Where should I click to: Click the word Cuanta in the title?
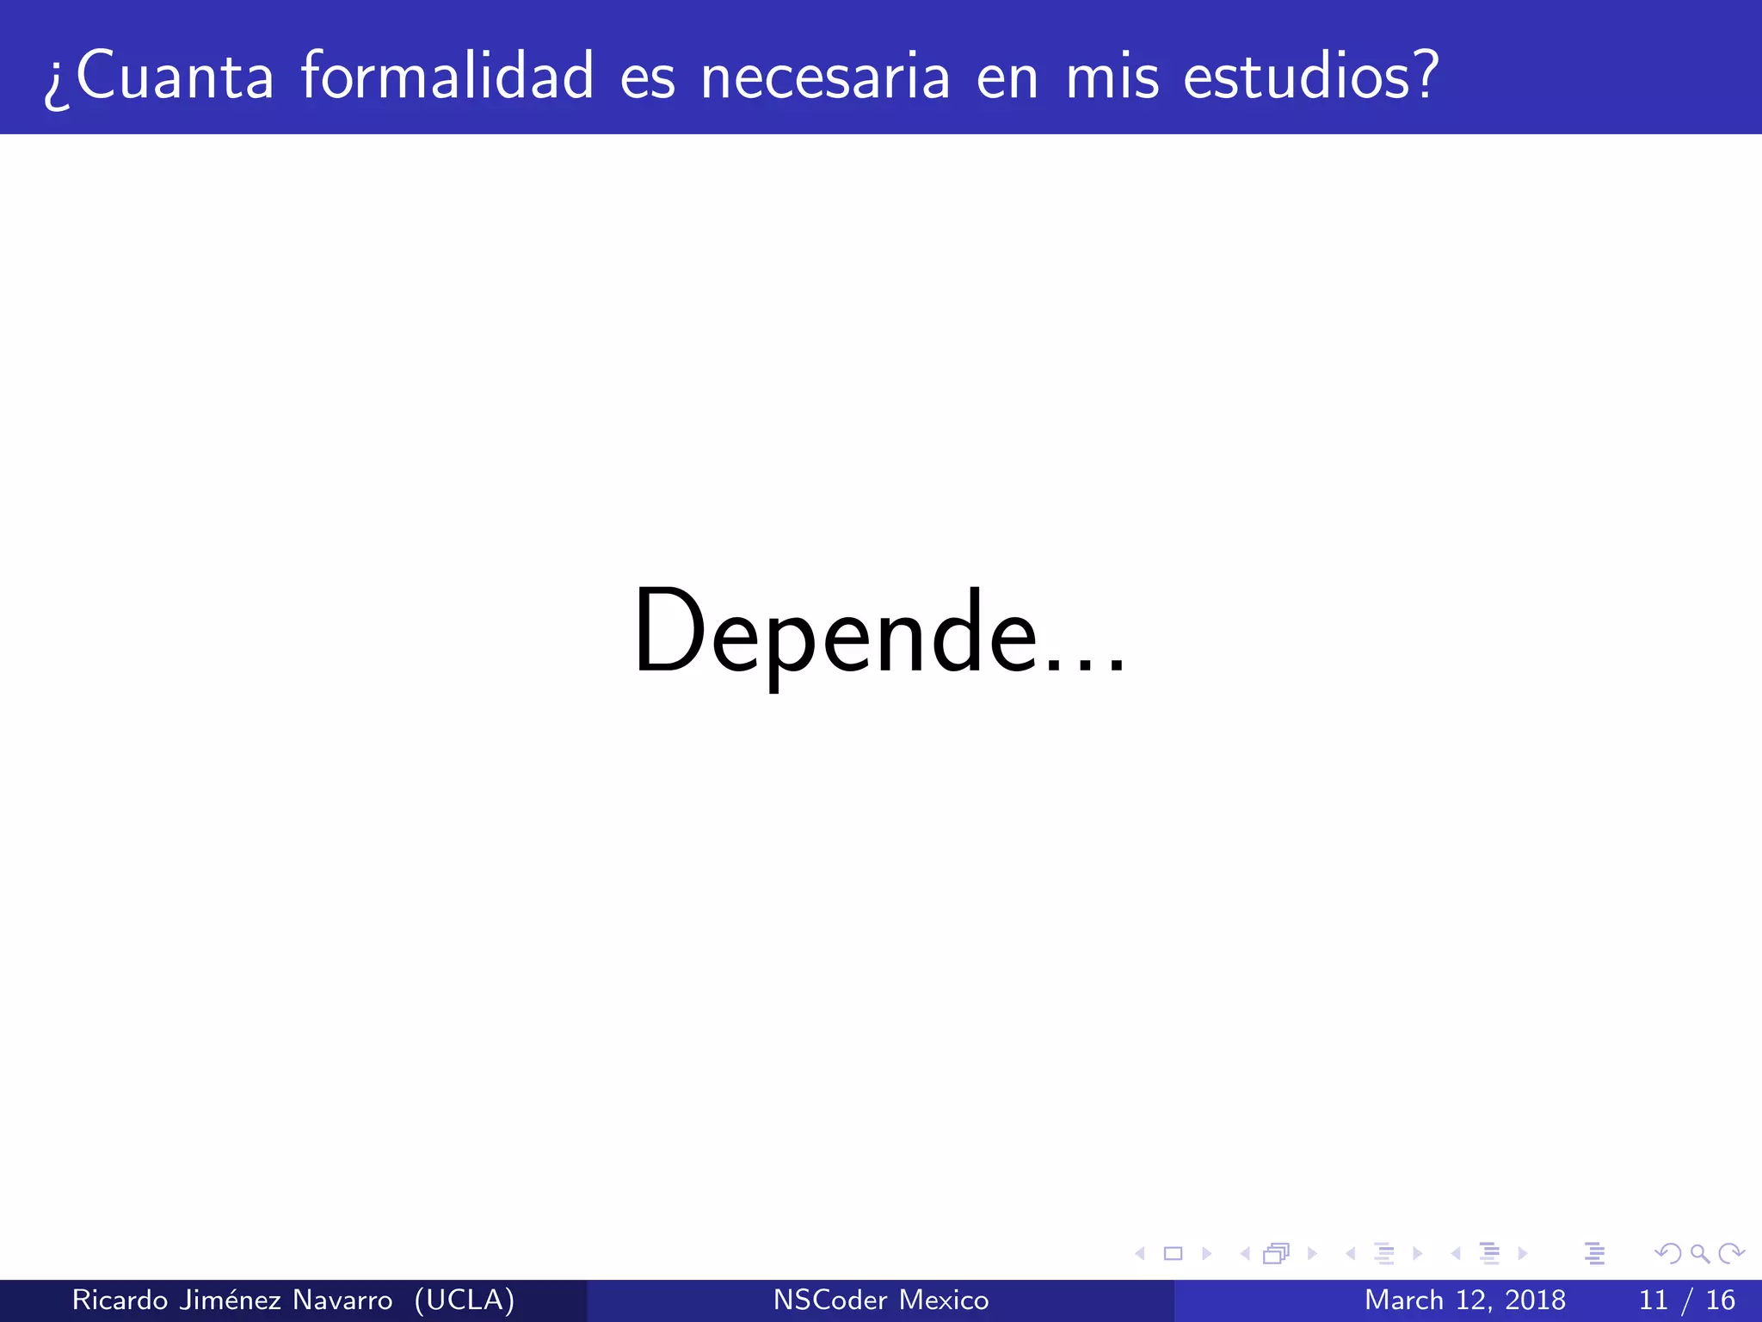[x=175, y=76]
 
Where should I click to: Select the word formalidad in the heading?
[x=447, y=76]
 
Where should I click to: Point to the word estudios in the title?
[x=1298, y=76]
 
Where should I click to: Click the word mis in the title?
[x=1113, y=76]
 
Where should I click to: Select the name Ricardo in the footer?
[x=120, y=1300]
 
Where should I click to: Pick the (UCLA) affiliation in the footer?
[x=465, y=1300]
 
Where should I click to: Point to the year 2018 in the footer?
[x=1535, y=1300]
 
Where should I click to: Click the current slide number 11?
[x=1654, y=1300]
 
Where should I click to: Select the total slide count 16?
[x=1721, y=1300]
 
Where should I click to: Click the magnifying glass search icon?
[x=1699, y=1253]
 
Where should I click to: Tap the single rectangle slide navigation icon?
[x=1173, y=1253]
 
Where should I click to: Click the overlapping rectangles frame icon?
[x=1276, y=1253]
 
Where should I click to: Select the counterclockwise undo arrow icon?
[x=1668, y=1253]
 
